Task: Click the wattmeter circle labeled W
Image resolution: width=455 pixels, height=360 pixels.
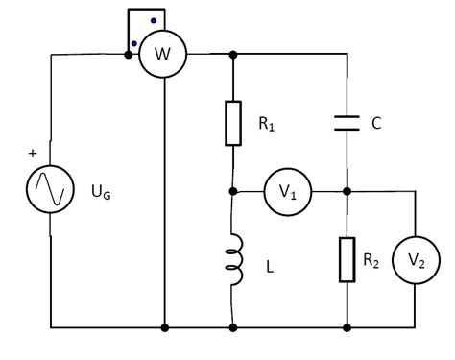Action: point(165,55)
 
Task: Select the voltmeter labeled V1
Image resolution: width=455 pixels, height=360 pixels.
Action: point(288,192)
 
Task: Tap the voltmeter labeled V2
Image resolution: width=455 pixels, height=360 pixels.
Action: point(415,260)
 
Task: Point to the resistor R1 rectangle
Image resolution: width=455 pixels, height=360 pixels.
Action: point(233,123)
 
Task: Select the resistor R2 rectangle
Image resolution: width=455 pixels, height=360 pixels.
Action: point(347,260)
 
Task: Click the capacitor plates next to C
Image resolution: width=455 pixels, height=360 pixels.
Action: point(347,123)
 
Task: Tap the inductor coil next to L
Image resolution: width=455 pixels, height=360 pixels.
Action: point(232,260)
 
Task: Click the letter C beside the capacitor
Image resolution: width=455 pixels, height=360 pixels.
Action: point(377,123)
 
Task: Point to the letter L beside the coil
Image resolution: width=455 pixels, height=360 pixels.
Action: point(270,270)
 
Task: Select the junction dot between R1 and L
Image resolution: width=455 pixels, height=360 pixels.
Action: point(233,192)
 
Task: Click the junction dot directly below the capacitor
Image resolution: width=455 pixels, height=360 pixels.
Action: point(347,192)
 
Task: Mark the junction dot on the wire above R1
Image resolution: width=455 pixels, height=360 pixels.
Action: point(233,55)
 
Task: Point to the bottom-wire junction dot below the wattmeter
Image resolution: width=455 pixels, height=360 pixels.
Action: point(165,327)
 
